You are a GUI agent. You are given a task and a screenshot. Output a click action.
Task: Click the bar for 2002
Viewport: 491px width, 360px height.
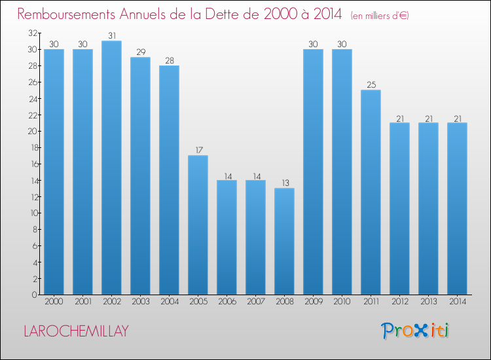111,168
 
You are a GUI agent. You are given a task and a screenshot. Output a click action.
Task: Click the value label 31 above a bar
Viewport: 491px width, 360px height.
111,36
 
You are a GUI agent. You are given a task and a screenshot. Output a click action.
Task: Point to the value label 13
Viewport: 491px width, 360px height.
284,183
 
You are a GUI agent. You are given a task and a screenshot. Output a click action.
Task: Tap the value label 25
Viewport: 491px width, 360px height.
371,85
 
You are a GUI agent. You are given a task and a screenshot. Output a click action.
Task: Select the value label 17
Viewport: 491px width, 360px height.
198,151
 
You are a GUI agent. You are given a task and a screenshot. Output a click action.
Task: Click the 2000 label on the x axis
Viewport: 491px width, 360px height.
54,302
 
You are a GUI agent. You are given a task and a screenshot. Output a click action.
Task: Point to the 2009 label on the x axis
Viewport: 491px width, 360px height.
313,302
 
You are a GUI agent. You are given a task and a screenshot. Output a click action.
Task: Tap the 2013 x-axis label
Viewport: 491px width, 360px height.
428,302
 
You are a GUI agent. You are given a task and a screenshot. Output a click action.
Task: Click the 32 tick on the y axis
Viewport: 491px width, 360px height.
32,33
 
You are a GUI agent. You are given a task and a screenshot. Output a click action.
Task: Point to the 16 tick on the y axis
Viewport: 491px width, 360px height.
32,164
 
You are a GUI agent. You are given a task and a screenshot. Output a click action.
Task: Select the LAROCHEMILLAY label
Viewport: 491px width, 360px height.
76,331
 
